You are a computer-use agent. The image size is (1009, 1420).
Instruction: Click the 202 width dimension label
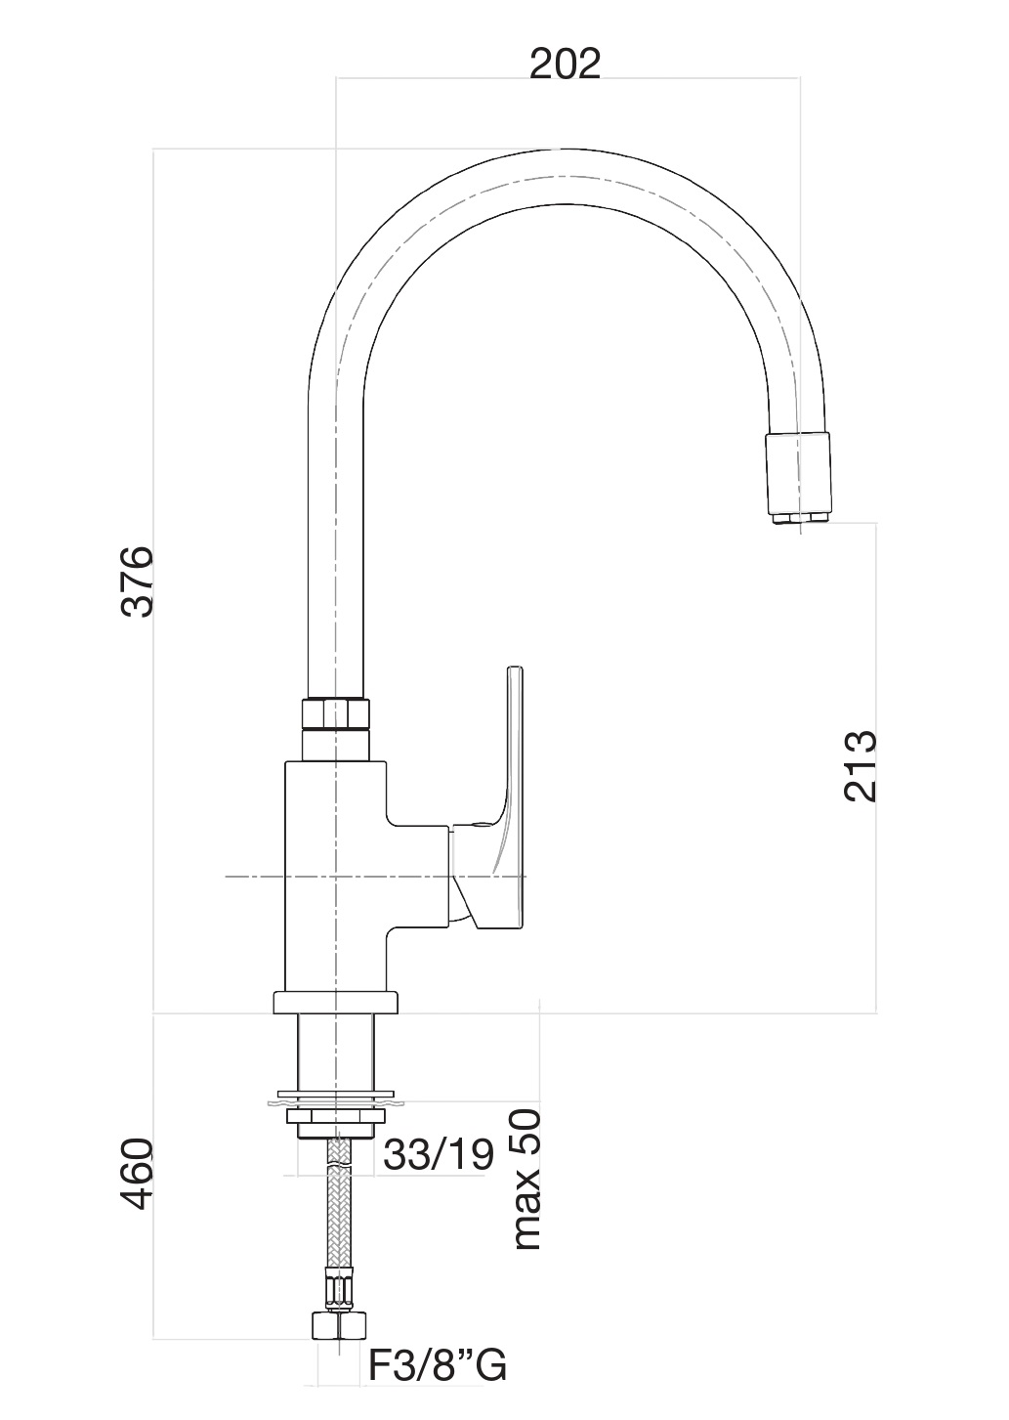[x=565, y=65]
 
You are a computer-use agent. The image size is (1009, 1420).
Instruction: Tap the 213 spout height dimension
[x=861, y=766]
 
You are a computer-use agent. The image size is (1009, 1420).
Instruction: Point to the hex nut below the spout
[x=336, y=714]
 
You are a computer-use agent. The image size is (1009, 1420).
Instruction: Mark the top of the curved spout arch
[x=561, y=178]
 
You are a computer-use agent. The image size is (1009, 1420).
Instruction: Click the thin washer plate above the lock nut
[x=336, y=1095]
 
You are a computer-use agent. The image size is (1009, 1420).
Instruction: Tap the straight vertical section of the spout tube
[x=336, y=538]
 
